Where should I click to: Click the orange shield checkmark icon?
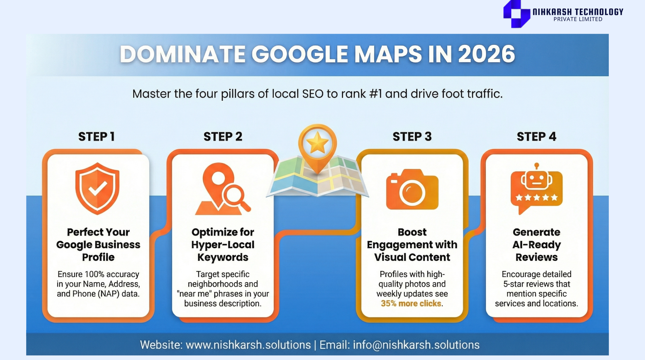point(97,189)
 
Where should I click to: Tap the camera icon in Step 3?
point(412,189)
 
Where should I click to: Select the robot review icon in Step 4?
point(536,189)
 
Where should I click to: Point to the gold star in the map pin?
point(317,143)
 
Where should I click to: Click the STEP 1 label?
point(96,137)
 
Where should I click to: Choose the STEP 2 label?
point(223,137)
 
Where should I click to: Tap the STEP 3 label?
point(412,137)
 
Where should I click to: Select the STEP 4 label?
point(536,137)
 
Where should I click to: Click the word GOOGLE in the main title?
point(300,54)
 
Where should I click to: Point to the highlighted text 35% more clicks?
point(411,303)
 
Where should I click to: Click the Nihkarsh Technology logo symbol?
point(516,14)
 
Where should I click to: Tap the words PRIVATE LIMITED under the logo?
point(578,19)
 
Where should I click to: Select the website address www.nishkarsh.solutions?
point(248,345)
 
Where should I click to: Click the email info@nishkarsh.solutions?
point(416,345)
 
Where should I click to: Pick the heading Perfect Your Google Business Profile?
point(98,245)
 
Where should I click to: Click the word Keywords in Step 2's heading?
point(223,257)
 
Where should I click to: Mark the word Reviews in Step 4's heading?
point(537,257)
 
